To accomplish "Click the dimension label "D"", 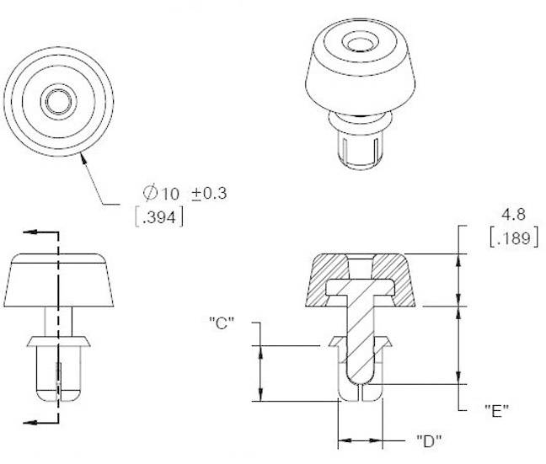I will [x=428, y=440].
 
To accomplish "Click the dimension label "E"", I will [x=496, y=410].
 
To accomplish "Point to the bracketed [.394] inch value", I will [x=159, y=216].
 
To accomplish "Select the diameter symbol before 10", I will [x=152, y=193].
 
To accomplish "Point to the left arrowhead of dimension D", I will [x=341, y=440].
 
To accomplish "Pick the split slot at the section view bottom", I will [x=360, y=392].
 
